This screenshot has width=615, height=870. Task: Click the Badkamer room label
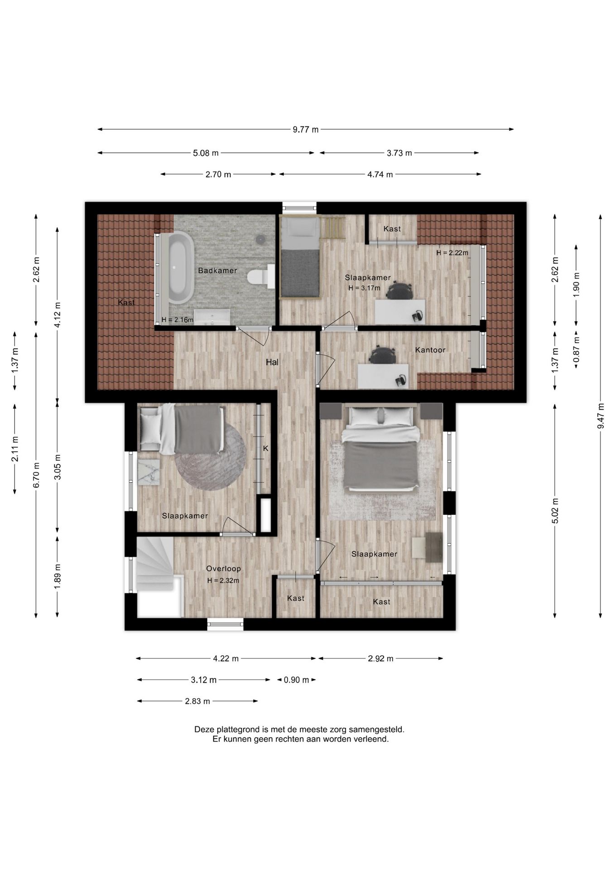(x=217, y=271)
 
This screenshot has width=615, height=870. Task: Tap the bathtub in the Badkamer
(x=181, y=267)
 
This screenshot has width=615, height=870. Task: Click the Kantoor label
(x=430, y=350)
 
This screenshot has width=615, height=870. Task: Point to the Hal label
(x=272, y=362)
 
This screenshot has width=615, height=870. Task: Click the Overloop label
(x=223, y=569)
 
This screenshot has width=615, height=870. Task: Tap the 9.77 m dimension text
(x=306, y=130)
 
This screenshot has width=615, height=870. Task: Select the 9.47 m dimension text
(x=601, y=416)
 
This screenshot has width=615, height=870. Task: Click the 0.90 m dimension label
(x=297, y=680)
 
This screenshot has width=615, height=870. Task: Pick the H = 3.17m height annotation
(x=365, y=288)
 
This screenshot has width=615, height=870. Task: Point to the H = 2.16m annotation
(x=178, y=320)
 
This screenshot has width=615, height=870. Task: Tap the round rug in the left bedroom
(x=211, y=456)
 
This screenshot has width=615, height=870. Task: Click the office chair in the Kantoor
(x=382, y=355)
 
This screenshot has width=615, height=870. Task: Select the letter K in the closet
(x=266, y=449)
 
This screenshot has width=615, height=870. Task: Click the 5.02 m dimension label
(x=555, y=511)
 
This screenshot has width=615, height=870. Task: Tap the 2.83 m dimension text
(x=197, y=701)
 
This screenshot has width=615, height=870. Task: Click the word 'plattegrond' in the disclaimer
(x=238, y=730)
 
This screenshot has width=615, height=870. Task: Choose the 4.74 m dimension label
(x=380, y=174)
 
